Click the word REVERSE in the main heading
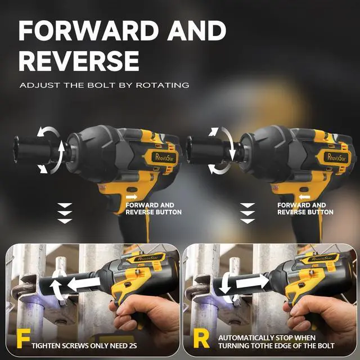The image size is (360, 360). tap(79, 60)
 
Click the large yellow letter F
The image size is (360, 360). tap(23, 340)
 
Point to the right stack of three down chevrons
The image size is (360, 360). tap(247, 213)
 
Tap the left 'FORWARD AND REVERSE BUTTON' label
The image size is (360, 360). tap(154, 209)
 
